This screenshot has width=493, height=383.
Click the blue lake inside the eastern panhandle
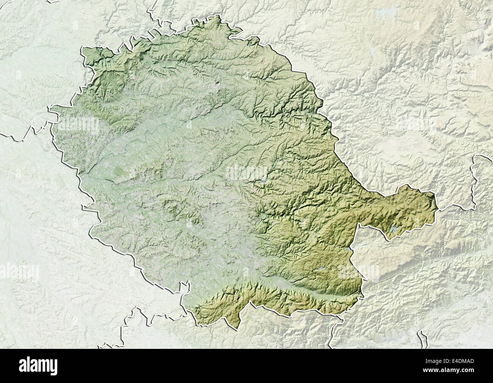click(394, 229)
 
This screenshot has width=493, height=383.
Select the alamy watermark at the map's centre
click(247, 173)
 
